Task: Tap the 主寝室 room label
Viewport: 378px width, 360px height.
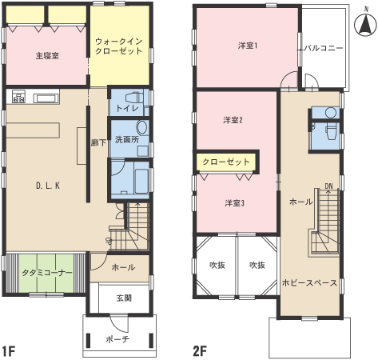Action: point(47,56)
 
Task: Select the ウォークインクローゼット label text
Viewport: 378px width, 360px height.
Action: point(118,46)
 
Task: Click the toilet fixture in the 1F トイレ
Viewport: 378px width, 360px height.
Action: point(134,98)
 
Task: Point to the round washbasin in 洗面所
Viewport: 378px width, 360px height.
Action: point(142,127)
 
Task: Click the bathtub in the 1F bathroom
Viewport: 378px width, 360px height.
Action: point(141,178)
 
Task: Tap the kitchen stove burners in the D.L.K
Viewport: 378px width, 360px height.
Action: point(18,97)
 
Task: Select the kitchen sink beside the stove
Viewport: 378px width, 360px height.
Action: point(46,98)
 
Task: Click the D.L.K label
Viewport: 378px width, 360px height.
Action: point(48,186)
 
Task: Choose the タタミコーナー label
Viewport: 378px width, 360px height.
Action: point(47,273)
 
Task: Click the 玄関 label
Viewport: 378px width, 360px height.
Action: point(124,298)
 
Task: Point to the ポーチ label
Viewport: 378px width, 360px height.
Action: point(117,339)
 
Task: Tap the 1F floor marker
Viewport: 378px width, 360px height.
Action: point(9,351)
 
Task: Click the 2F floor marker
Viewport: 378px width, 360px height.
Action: point(200,351)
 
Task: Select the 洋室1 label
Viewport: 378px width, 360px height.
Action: point(248,46)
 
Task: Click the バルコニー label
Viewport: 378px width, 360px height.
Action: point(324,48)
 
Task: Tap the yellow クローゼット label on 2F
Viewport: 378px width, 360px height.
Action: point(226,162)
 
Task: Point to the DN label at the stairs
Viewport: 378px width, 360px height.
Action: point(328,186)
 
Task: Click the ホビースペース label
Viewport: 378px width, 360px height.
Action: point(309,282)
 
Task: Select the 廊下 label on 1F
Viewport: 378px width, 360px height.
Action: point(98,143)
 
